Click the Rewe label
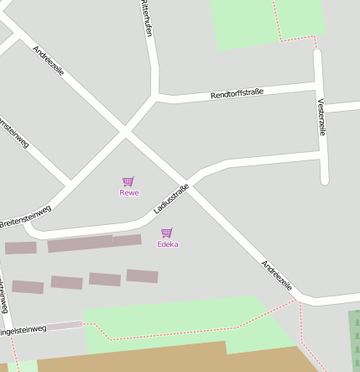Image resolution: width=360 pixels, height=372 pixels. pos(128,193)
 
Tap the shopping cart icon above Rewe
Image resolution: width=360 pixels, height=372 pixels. pos(128,181)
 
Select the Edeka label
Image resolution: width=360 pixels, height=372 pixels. pos(168,244)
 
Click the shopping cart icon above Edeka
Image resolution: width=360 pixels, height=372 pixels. pos(167,233)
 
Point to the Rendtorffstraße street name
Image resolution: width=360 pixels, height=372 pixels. pos(237,93)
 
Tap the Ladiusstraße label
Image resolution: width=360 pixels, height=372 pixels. pos(171,198)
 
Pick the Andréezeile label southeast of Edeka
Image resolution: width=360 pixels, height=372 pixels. pos(277,276)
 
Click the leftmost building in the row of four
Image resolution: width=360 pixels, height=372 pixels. pos(28,286)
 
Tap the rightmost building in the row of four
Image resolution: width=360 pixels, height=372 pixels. pos(142,275)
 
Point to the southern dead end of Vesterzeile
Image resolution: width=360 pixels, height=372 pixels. pos(324,180)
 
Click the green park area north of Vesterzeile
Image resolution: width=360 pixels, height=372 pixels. pos(267,22)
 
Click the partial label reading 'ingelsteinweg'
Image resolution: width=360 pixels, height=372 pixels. pos(23,330)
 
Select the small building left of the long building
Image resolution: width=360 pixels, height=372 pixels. pos(21,248)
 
